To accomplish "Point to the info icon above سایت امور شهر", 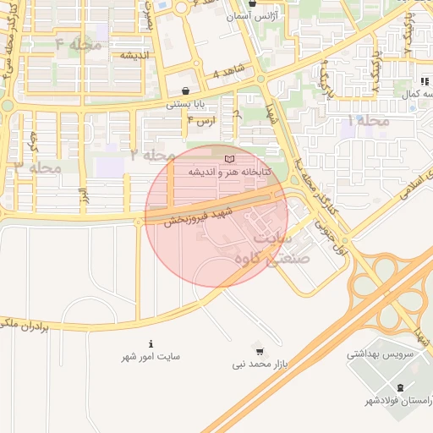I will pyautogui.click(x=151, y=344).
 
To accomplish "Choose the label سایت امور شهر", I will pyautogui.click(x=151, y=357).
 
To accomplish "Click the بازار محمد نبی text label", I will pyautogui.click(x=262, y=364).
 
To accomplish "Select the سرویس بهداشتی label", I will pyautogui.click(x=380, y=354).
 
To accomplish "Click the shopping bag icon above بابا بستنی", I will pyautogui.click(x=185, y=90).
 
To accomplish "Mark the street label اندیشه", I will pyautogui.click(x=134, y=55).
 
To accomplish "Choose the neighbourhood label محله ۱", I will pyautogui.click(x=369, y=121).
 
